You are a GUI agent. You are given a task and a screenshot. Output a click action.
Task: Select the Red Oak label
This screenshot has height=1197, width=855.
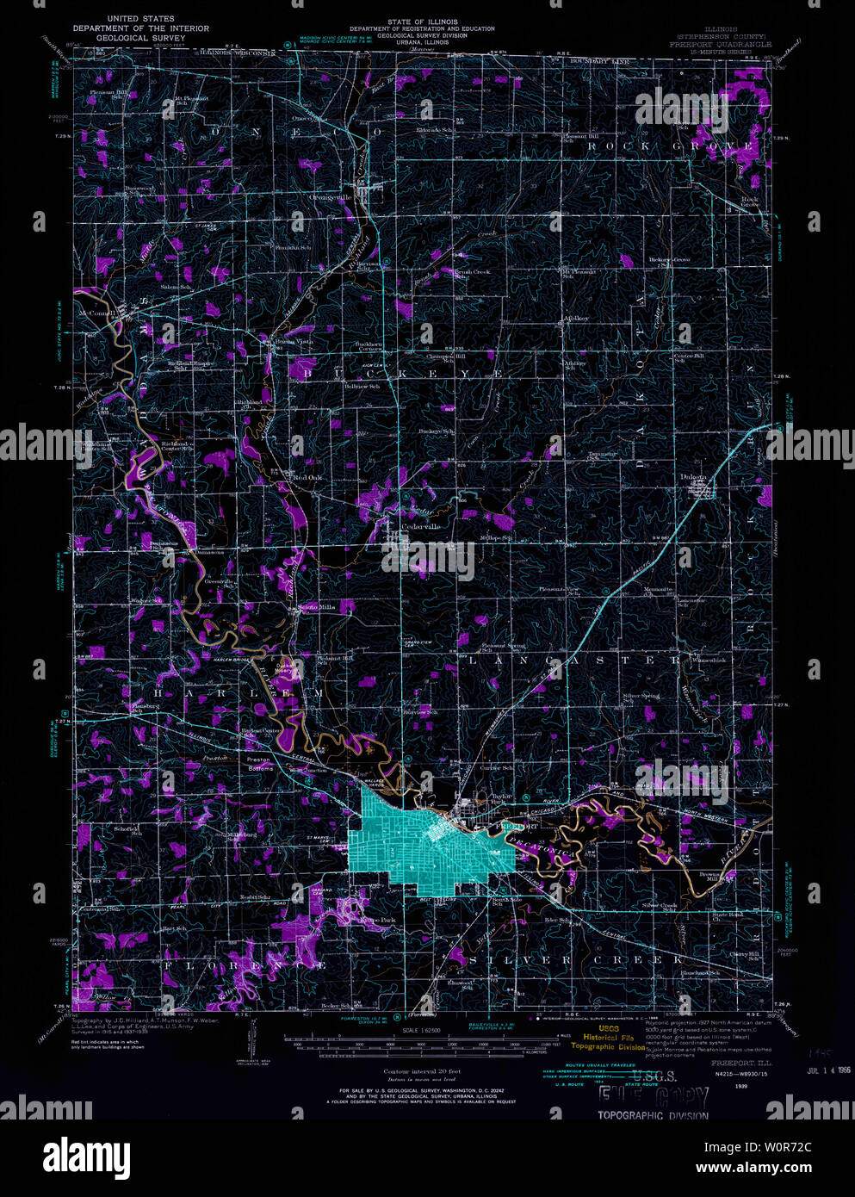(307, 476)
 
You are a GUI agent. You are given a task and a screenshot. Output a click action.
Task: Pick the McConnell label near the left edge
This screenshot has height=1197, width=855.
(96, 312)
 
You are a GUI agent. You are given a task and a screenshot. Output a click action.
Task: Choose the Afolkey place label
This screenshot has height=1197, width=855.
(576, 318)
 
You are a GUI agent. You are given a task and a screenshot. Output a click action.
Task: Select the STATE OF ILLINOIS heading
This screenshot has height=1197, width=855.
(423, 22)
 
